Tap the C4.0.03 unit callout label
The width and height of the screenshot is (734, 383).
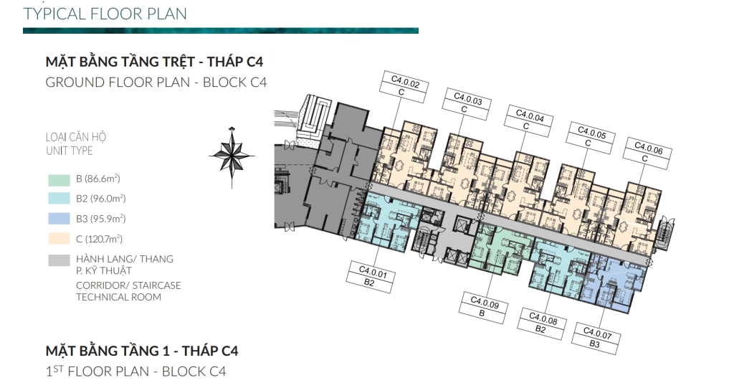pyautogui.click(x=466, y=105)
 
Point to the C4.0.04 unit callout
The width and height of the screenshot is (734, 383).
pyautogui.click(x=528, y=121)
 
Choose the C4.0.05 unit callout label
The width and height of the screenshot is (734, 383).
pyautogui.click(x=590, y=138)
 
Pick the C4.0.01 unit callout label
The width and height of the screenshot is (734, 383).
pyautogui.click(x=371, y=277)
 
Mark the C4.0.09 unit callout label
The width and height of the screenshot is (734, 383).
pyautogui.click(x=483, y=308)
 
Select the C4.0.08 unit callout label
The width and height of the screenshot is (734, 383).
pyautogui.click(x=542, y=323)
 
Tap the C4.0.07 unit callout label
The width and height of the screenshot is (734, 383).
pyautogui.click(x=596, y=339)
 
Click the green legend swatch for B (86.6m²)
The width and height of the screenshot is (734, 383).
pyautogui.click(x=59, y=180)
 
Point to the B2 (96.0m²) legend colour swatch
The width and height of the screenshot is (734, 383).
pyautogui.click(x=59, y=199)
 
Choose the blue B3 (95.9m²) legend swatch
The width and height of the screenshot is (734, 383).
pyautogui.click(x=59, y=219)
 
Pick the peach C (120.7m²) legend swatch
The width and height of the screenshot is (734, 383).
pyautogui.click(x=59, y=238)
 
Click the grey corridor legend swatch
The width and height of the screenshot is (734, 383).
pyautogui.click(x=59, y=260)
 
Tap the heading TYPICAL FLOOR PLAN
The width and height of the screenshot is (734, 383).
pyautogui.click(x=105, y=14)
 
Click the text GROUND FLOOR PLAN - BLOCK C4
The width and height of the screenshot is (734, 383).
pyautogui.click(x=156, y=82)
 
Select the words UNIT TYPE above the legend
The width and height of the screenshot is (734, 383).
pyautogui.click(x=70, y=151)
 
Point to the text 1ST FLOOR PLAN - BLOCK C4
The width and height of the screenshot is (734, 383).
pyautogui.click(x=135, y=372)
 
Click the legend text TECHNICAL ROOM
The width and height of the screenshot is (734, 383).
pyautogui.click(x=118, y=297)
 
